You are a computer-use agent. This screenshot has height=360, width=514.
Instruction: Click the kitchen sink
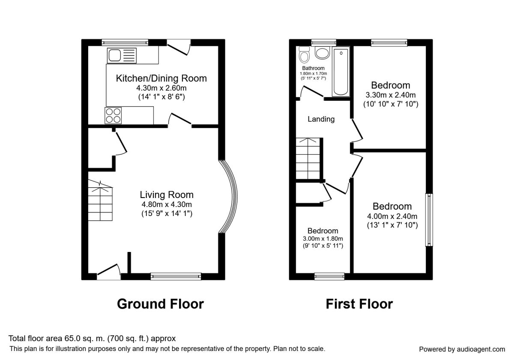(x=122, y=56)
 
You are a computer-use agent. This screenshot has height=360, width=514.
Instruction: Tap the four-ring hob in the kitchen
(x=113, y=115)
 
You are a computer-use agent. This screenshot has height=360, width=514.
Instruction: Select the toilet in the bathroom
(x=304, y=55)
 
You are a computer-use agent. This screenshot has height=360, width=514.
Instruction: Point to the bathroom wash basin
(x=323, y=53)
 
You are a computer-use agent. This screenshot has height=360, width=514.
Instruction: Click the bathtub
(x=341, y=72)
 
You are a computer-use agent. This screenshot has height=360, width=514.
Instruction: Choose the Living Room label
(x=167, y=195)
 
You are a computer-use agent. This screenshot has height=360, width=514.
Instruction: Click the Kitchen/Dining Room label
(x=161, y=78)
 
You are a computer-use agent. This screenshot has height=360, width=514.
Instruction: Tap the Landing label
(x=321, y=119)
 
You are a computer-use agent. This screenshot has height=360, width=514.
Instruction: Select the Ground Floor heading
(x=160, y=304)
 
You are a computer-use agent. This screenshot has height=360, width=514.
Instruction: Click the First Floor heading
(x=359, y=304)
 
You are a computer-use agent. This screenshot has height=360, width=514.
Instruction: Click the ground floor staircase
(x=100, y=201)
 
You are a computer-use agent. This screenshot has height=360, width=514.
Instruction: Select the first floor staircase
(x=308, y=159)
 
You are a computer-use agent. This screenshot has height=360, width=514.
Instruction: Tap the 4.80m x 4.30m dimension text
(x=167, y=204)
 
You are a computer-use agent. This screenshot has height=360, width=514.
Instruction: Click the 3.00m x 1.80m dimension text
(x=323, y=239)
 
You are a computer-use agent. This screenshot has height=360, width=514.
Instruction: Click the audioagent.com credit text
(x=462, y=349)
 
